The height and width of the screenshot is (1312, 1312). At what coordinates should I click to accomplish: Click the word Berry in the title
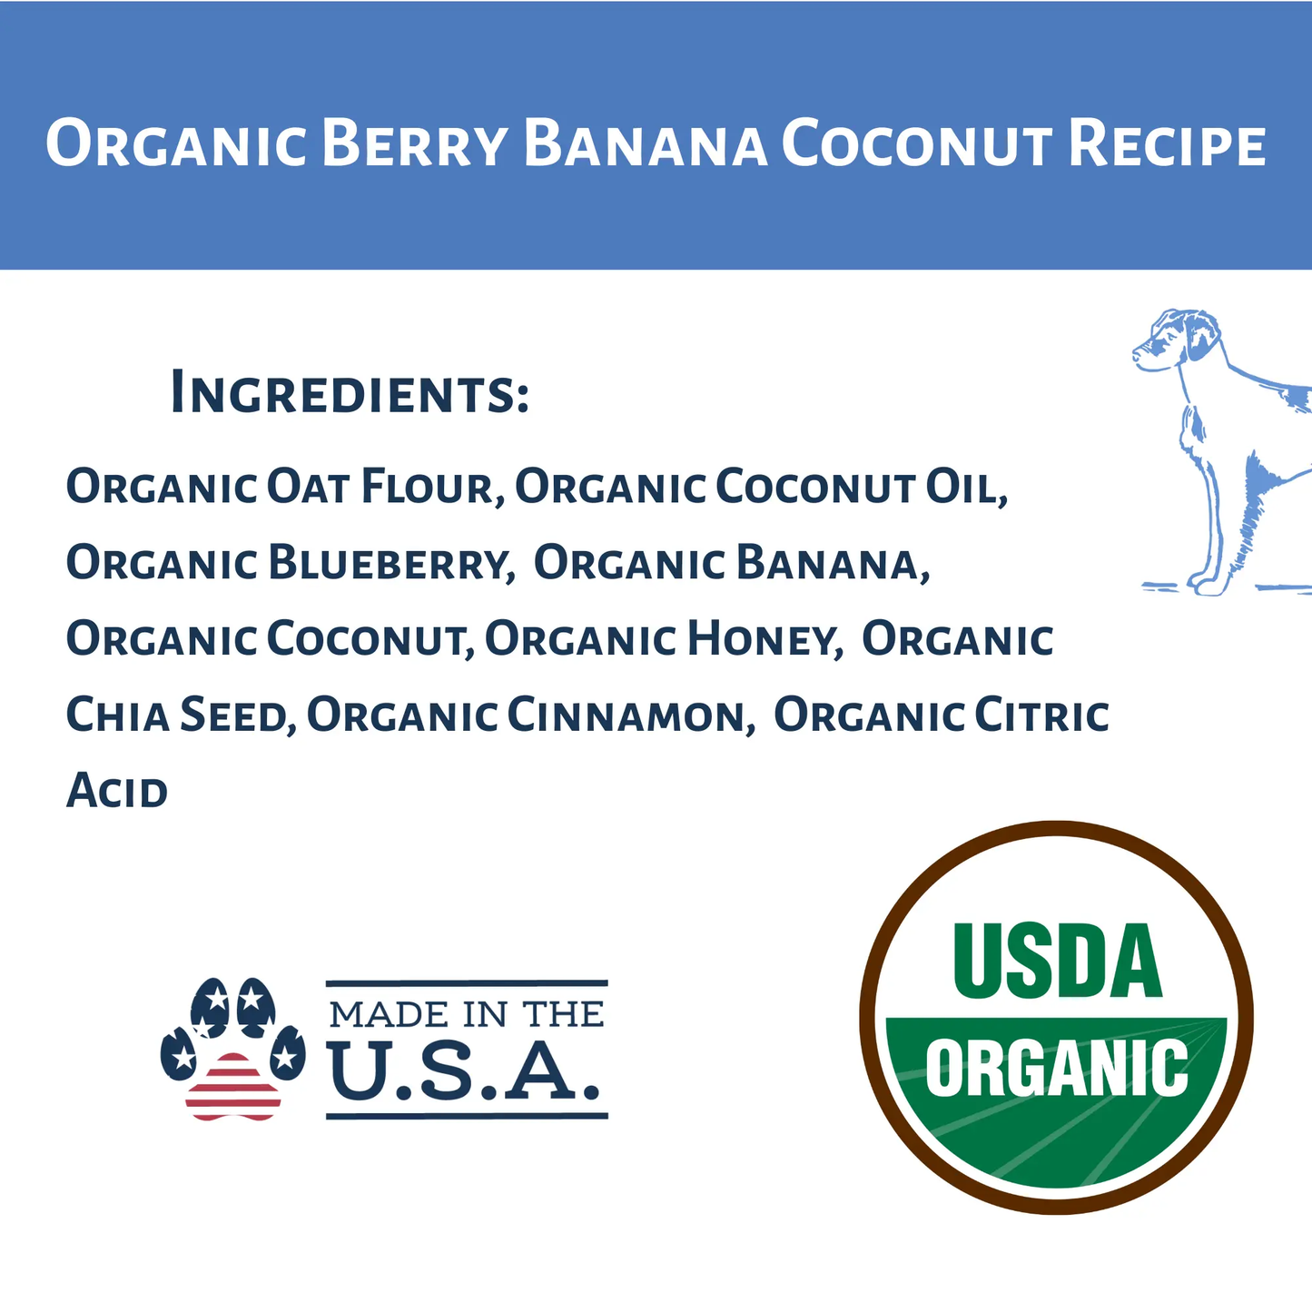point(413,145)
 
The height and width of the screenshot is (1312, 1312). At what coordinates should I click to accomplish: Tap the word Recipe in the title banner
point(1167,145)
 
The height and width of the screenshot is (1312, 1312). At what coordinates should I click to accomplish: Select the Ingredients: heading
point(350,393)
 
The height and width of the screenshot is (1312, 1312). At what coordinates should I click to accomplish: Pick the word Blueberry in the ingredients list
point(391,564)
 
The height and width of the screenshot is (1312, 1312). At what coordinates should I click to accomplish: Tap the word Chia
point(118,715)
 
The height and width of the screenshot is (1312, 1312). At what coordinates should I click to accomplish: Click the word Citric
point(1041,715)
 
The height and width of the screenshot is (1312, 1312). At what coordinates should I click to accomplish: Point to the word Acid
point(117,791)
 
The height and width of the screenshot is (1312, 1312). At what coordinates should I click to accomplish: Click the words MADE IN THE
point(467,1013)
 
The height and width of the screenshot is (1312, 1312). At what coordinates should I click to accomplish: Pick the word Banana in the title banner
point(646,145)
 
